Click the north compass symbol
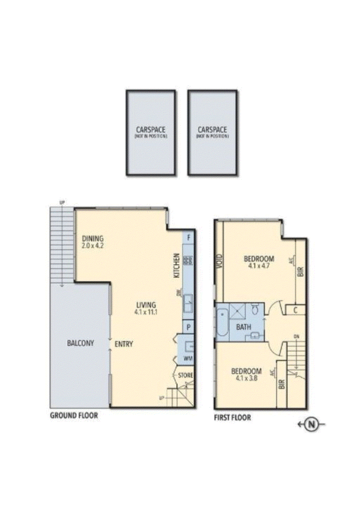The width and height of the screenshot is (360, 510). [311, 424]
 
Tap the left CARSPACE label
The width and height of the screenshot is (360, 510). [150, 130]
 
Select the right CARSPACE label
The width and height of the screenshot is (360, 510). [212, 130]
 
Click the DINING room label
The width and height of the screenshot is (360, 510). [93, 239]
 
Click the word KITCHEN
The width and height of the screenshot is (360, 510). [177, 265]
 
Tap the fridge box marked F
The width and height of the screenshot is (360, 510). [189, 237]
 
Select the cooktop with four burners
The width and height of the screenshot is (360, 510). [188, 260]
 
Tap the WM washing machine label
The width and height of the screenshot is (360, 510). [188, 359]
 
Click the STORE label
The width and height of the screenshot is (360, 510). [185, 375]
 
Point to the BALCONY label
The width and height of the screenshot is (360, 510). [81, 343]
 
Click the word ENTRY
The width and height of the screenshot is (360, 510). [124, 344]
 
